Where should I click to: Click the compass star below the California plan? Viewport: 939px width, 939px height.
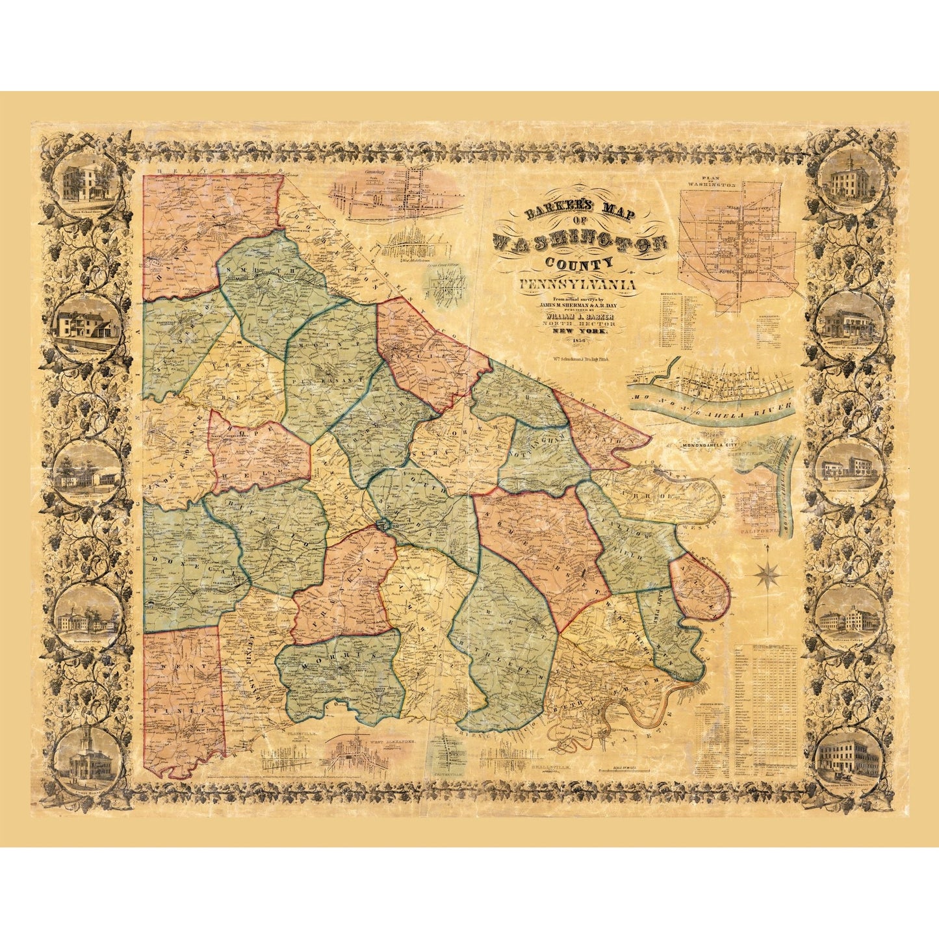point(767,573)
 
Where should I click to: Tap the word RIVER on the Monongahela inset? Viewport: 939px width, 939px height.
point(771,408)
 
